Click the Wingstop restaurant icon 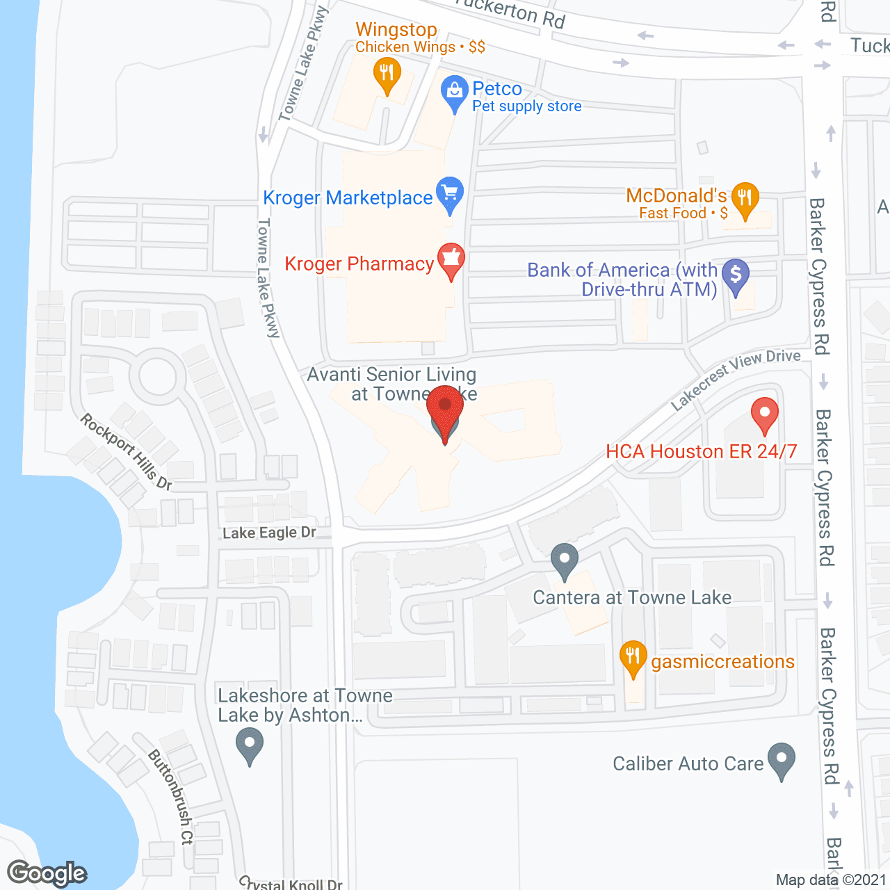387,74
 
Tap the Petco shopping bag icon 454,91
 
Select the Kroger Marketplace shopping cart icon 450,193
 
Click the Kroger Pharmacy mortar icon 451,259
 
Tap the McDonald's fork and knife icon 745,198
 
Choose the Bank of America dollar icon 736,274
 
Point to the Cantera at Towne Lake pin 564,559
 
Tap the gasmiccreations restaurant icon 633,656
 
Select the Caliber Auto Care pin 782,759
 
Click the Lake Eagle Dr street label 269,533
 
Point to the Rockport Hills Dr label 126,451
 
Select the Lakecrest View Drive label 736,379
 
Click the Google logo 47,873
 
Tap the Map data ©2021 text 831,880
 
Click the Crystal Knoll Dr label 291,884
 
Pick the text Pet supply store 527,106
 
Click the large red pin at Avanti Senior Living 445,410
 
